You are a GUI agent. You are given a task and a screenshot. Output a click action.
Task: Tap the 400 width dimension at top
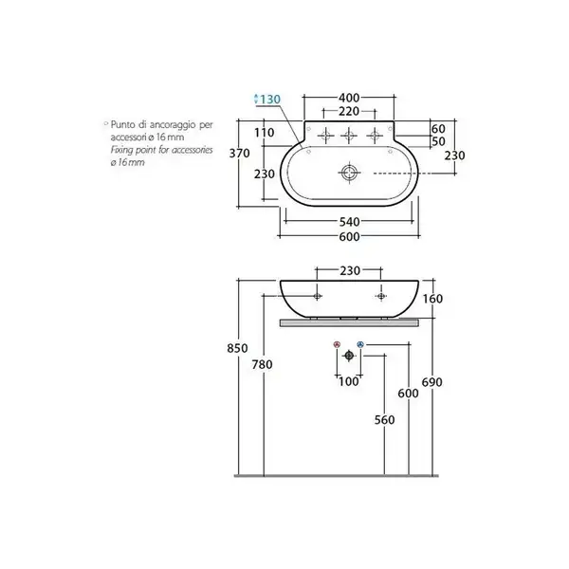pyautogui.click(x=349, y=98)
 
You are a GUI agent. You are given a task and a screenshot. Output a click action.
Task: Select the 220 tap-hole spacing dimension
pyautogui.click(x=349, y=111)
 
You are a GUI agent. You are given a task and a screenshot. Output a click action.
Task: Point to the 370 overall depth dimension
pyautogui.click(x=240, y=153)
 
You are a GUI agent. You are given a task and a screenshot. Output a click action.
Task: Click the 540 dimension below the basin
pyautogui.click(x=349, y=221)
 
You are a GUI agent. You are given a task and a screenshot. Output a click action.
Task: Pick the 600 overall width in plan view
pyautogui.click(x=349, y=236)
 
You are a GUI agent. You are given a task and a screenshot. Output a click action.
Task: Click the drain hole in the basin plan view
pyautogui.click(x=349, y=173)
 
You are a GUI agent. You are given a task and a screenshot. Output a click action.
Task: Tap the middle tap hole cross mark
pyautogui.click(x=349, y=136)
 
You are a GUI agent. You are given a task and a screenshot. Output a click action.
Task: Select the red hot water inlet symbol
pyautogui.click(x=337, y=344)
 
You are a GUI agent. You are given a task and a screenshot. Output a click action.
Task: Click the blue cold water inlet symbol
pyautogui.click(x=360, y=344)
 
